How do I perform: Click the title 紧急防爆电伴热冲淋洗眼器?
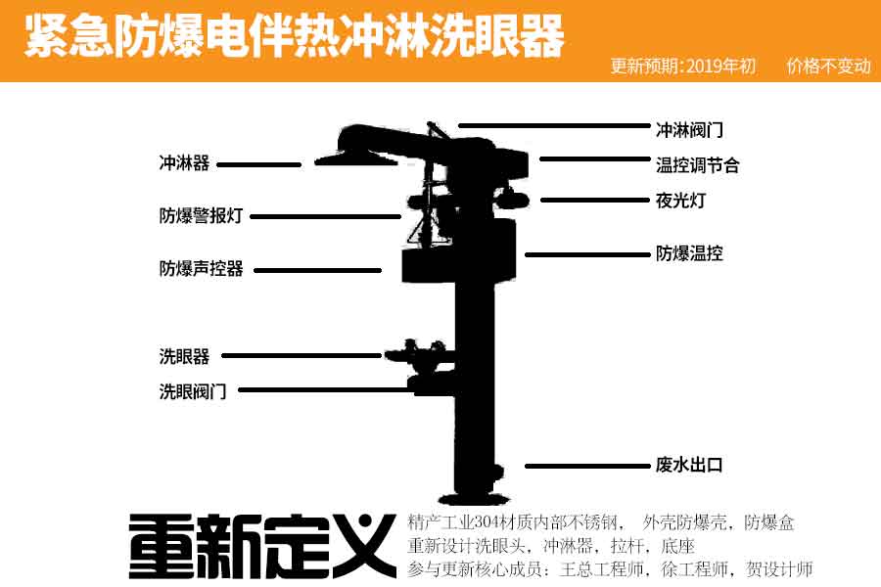click(295, 37)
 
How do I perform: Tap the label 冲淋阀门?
click(689, 129)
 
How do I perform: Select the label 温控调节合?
click(697, 165)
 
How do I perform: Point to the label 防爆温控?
click(689, 254)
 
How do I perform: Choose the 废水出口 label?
click(689, 466)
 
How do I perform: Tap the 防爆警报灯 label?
click(201, 216)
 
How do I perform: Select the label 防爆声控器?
click(201, 268)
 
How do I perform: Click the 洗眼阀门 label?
click(193, 390)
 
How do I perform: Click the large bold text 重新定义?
click(261, 546)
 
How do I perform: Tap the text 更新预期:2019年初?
click(682, 67)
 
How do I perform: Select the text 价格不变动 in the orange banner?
click(828, 67)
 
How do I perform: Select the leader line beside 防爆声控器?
click(317, 270)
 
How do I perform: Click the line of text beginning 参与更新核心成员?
click(610, 568)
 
